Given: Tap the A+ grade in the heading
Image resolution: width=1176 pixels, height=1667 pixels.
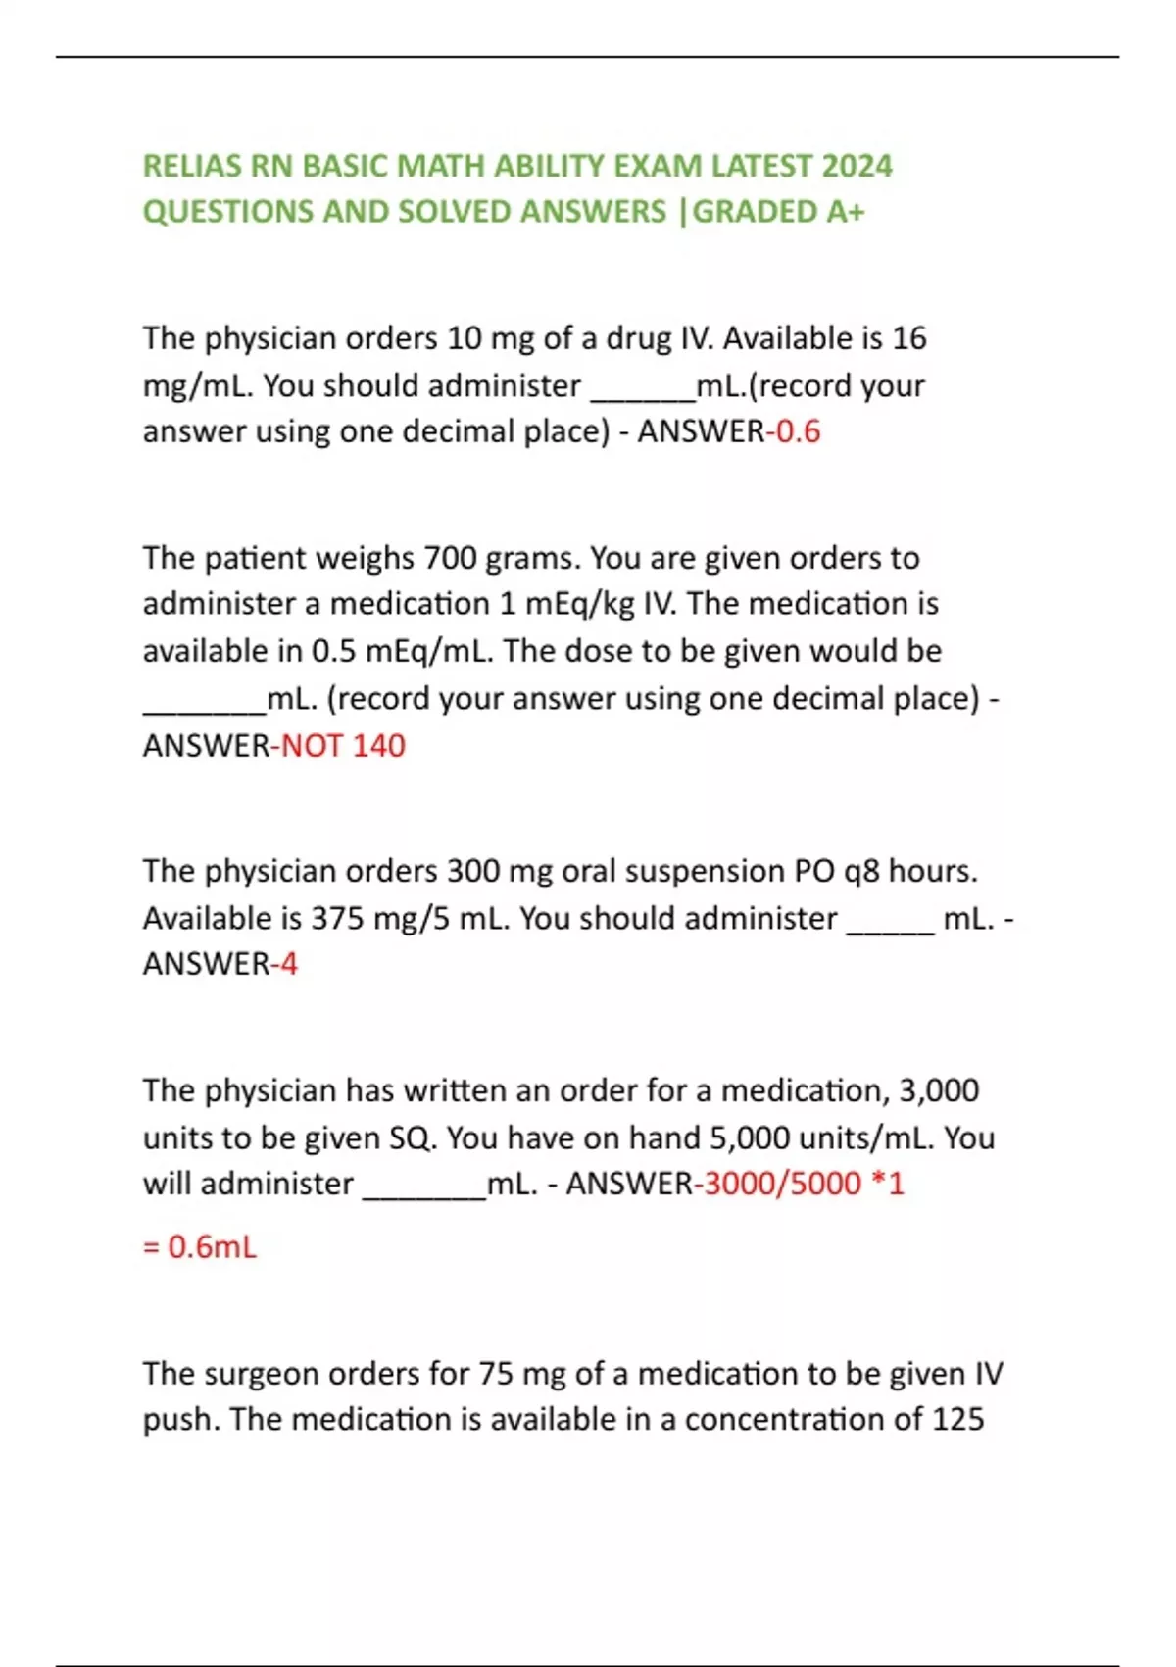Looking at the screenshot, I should pos(845,212).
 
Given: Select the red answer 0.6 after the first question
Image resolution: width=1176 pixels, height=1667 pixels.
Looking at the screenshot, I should pos(798,431).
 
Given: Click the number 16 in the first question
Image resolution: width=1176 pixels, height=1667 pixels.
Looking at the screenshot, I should pos(908,338).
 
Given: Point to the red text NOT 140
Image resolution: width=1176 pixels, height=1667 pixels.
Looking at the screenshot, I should pos(343,746).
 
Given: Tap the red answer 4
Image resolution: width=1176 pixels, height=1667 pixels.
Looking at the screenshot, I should pos(288,964).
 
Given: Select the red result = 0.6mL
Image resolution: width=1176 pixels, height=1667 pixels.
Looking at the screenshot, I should pos(200,1247).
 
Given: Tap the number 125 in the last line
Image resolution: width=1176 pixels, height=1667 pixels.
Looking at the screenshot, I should pos(957,1420).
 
